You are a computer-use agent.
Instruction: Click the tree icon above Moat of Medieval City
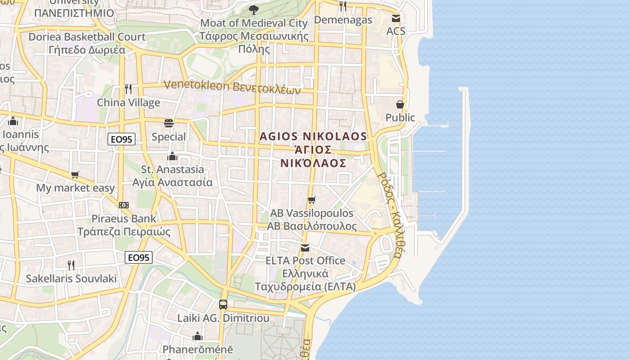click(254, 9)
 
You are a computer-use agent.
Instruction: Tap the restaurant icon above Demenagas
click(343, 6)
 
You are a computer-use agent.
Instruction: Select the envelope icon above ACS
click(396, 18)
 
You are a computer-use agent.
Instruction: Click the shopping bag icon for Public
click(400, 104)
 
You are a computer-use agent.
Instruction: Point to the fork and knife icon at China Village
click(128, 89)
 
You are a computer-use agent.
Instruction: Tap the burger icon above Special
click(169, 123)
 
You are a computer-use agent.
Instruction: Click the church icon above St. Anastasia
click(172, 156)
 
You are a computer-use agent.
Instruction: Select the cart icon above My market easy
click(75, 175)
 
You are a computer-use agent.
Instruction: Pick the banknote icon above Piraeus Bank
click(124, 205)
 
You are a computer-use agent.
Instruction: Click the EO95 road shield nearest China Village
click(121, 139)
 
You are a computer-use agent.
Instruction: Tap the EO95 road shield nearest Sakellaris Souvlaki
click(139, 257)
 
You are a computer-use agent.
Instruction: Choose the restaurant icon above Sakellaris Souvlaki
click(71, 265)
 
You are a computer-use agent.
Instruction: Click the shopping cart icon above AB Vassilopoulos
click(311, 200)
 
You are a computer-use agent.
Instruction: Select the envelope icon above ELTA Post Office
click(305, 247)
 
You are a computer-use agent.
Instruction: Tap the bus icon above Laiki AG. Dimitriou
click(223, 304)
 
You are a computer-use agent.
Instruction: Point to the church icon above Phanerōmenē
click(198, 336)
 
